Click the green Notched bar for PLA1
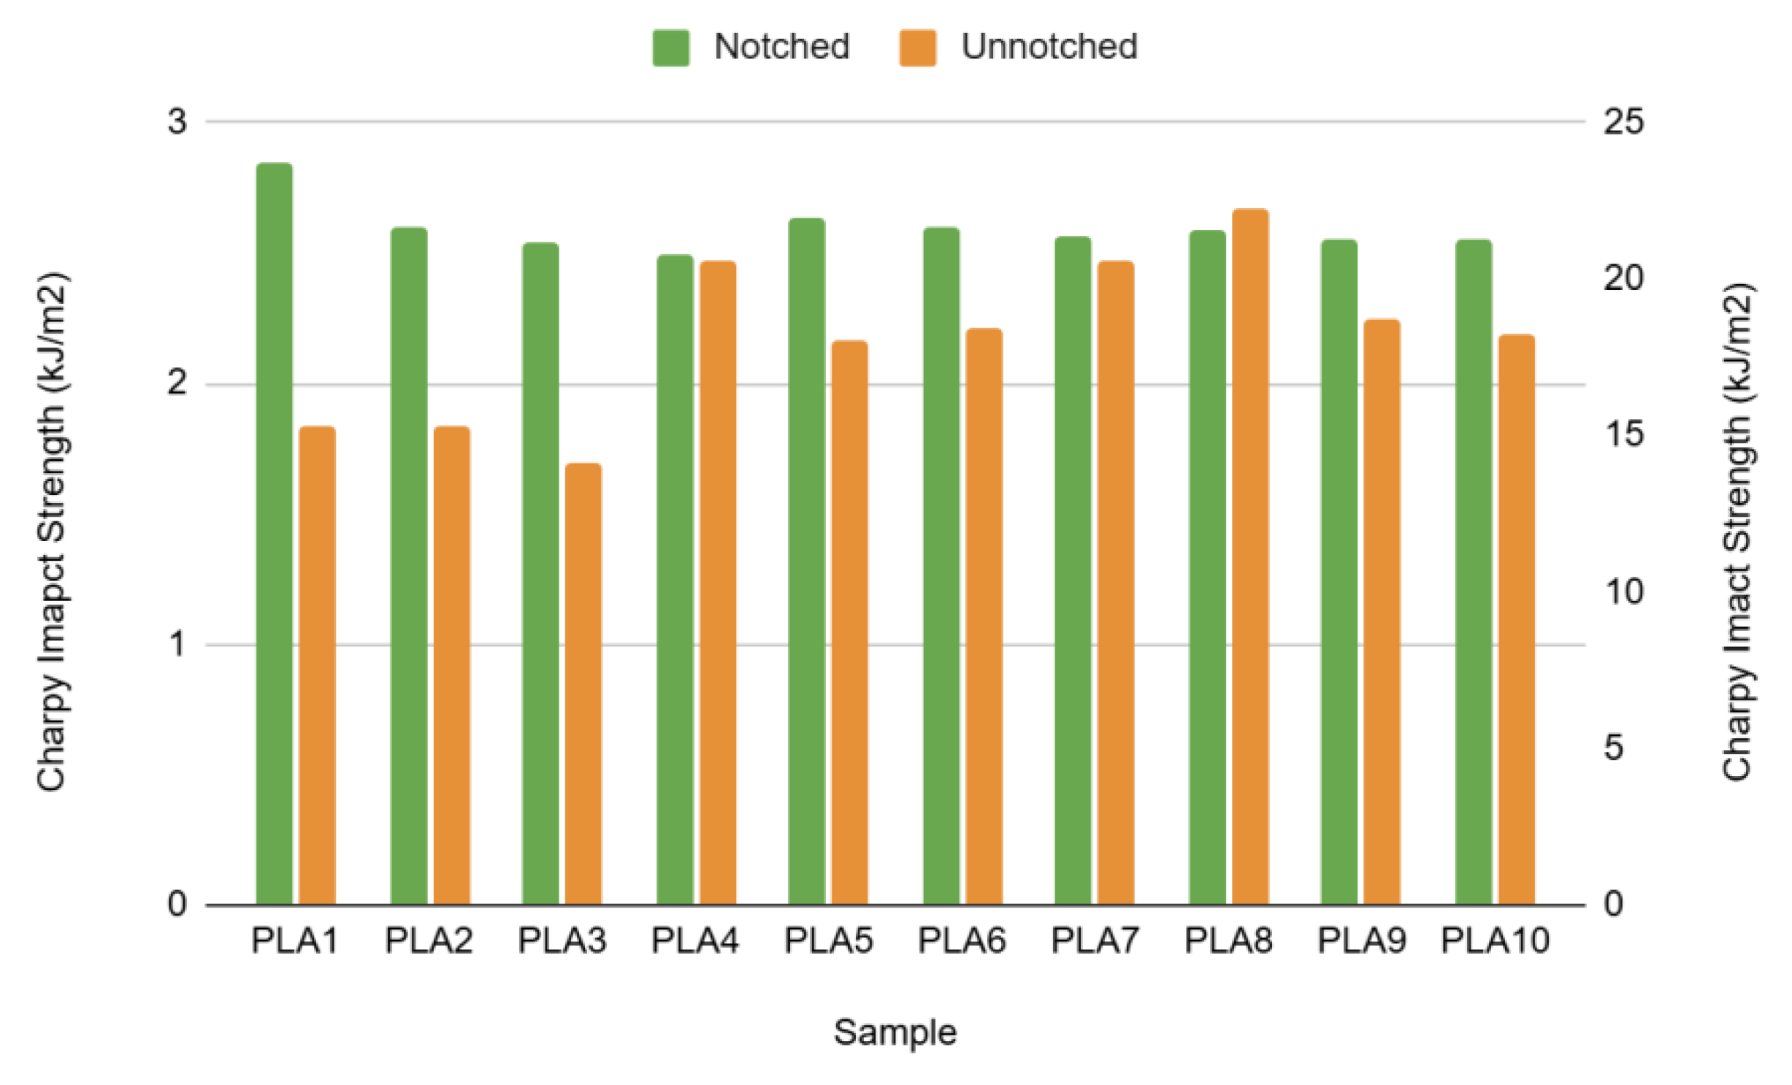(x=274, y=533)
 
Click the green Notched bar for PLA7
(x=1073, y=570)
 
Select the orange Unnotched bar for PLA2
(x=452, y=664)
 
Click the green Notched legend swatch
(x=670, y=47)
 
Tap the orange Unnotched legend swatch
(x=917, y=47)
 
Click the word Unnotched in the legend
(x=1049, y=47)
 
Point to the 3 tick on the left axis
(x=177, y=121)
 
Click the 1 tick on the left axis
(x=177, y=645)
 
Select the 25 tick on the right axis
(x=1623, y=121)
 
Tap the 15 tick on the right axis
(x=1623, y=434)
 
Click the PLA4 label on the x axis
(x=694, y=940)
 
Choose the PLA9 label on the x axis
(x=1361, y=940)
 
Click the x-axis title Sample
(x=895, y=1032)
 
